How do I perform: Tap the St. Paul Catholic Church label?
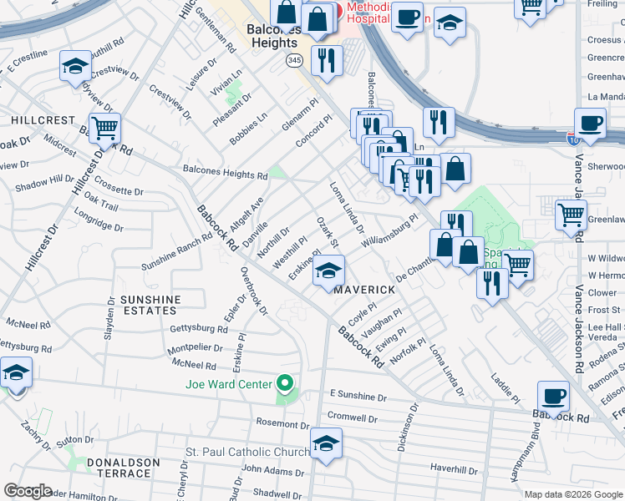[x=247, y=453]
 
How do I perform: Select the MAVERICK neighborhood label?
[x=364, y=289]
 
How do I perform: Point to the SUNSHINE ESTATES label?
[x=150, y=306]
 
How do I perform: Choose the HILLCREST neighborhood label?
[x=43, y=120]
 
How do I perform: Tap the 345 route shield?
[x=293, y=60]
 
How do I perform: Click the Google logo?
[x=28, y=491]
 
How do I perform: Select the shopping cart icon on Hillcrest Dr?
[x=105, y=129]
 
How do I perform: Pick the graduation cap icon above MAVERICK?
[x=328, y=271]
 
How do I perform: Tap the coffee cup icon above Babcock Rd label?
[x=552, y=395]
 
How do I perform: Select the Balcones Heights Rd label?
[x=225, y=174]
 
